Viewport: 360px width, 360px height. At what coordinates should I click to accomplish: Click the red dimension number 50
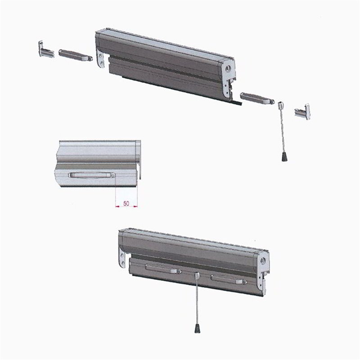click(x=126, y=203)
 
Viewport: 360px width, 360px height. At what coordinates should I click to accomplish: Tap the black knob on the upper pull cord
click(x=284, y=157)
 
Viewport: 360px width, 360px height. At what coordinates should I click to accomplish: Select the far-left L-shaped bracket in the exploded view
click(x=46, y=49)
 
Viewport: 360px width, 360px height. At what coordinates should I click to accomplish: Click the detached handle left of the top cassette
click(x=76, y=55)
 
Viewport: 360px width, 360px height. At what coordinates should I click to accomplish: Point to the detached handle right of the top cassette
click(x=257, y=98)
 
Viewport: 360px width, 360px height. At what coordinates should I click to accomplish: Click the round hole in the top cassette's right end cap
click(x=228, y=69)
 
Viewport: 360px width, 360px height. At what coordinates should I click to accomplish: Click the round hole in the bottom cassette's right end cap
click(x=263, y=261)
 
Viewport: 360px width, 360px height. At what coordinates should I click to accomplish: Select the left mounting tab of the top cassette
click(x=101, y=59)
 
